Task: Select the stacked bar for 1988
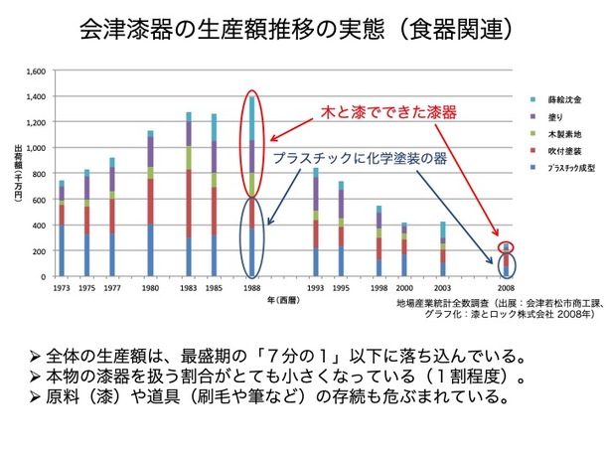(252, 189)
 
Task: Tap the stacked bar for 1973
(62, 228)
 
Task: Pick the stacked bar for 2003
(443, 249)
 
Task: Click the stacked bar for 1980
(151, 204)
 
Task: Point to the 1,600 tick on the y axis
(37, 73)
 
